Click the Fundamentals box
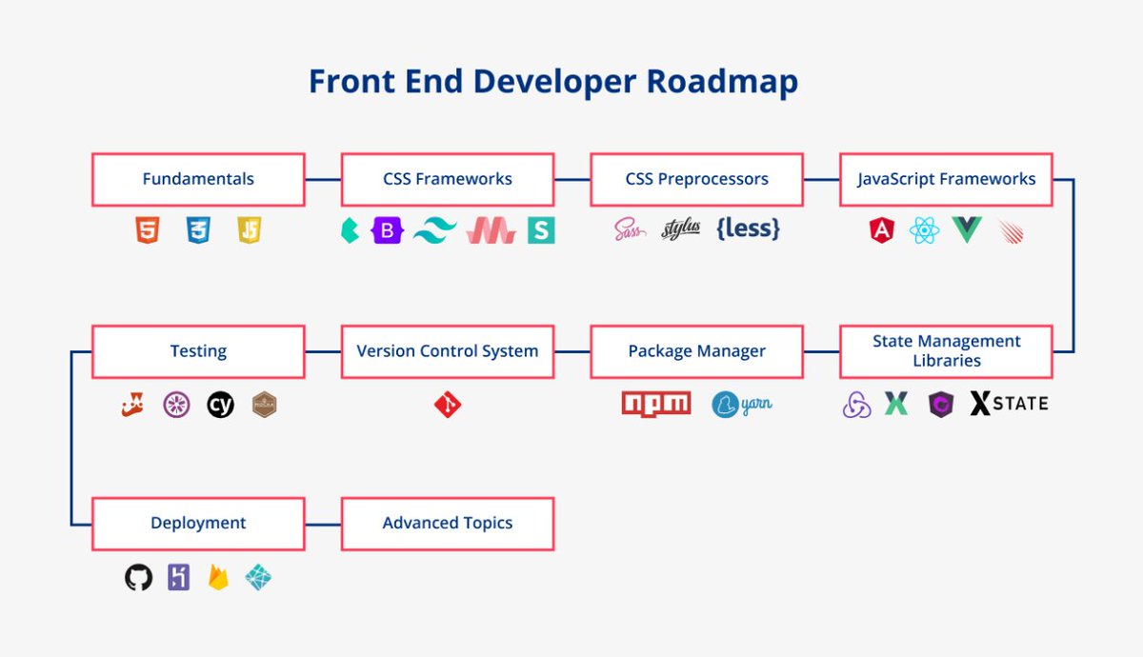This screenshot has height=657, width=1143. (198, 179)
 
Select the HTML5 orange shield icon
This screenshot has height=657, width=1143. (147, 229)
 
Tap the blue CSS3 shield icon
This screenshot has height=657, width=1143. (198, 229)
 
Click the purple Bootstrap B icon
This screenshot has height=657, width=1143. (388, 229)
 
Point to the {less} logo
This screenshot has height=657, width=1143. (748, 229)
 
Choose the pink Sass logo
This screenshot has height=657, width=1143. (630, 229)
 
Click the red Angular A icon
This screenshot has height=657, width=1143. (881, 229)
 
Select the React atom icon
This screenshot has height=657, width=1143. (924, 229)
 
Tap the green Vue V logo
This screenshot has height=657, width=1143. (966, 229)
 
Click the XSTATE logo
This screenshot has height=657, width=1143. (1009, 404)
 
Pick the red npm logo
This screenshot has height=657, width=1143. (656, 404)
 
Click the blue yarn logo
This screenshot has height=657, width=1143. (741, 405)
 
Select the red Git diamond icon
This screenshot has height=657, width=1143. (448, 405)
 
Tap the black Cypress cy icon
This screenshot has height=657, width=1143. (220, 405)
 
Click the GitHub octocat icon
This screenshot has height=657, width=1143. (139, 577)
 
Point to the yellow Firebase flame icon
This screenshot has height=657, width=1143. (218, 577)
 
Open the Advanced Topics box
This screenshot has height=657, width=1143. (448, 523)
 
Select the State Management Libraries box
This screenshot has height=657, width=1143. (946, 351)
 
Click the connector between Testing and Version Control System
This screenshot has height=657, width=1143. (323, 351)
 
